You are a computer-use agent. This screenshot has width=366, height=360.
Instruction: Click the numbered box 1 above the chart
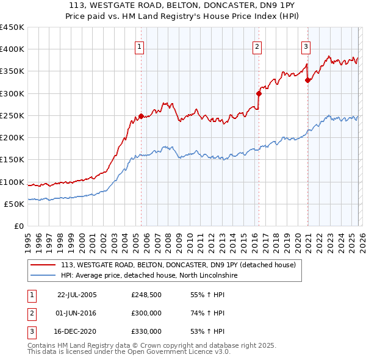click(x=140, y=46)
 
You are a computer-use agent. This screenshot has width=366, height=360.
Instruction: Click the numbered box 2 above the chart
click(x=257, y=46)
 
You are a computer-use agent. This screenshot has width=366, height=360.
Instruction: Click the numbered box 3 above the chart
click(x=306, y=46)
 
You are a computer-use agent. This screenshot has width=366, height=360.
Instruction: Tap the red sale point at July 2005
click(x=141, y=116)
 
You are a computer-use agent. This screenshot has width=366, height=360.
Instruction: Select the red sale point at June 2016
click(x=258, y=93)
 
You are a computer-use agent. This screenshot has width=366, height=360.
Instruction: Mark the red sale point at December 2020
click(x=307, y=80)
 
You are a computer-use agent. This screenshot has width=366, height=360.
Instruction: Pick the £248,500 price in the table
click(x=146, y=295)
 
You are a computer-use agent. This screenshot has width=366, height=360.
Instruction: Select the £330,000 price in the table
click(x=146, y=331)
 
